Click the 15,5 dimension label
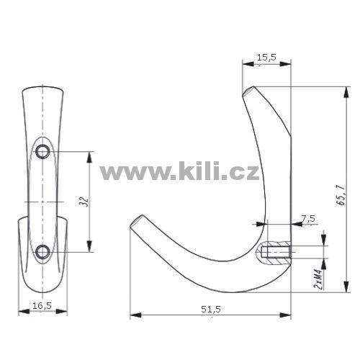(266, 58)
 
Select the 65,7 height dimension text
(341, 195)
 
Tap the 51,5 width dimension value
(211, 310)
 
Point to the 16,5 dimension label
(42, 306)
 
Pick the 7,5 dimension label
(308, 219)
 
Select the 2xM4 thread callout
(318, 279)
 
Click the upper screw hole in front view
(42, 152)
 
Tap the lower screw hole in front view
(42, 252)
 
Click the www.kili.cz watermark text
(179, 171)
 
